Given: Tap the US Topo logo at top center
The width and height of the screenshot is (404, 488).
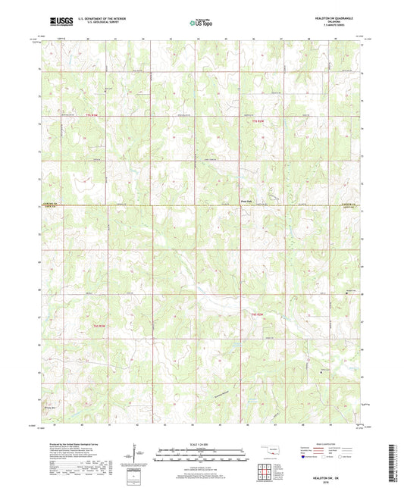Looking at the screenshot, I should tap(202, 23).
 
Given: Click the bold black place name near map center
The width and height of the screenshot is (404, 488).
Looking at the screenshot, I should tap(246, 201).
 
